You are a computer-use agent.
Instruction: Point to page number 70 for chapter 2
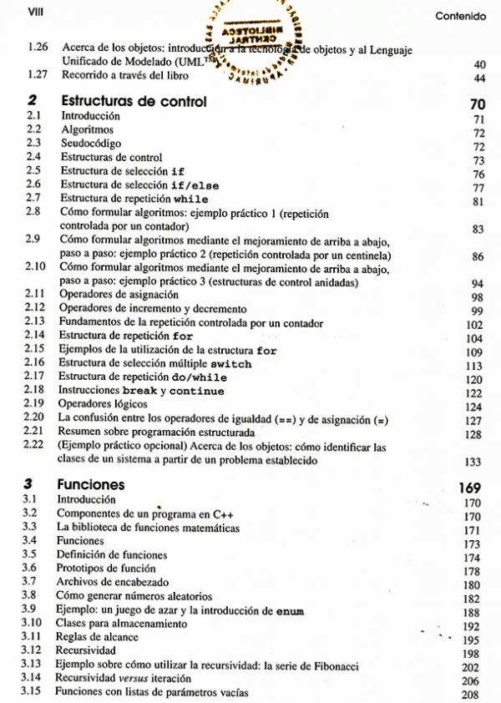478,104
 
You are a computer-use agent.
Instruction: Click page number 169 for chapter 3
473,487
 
